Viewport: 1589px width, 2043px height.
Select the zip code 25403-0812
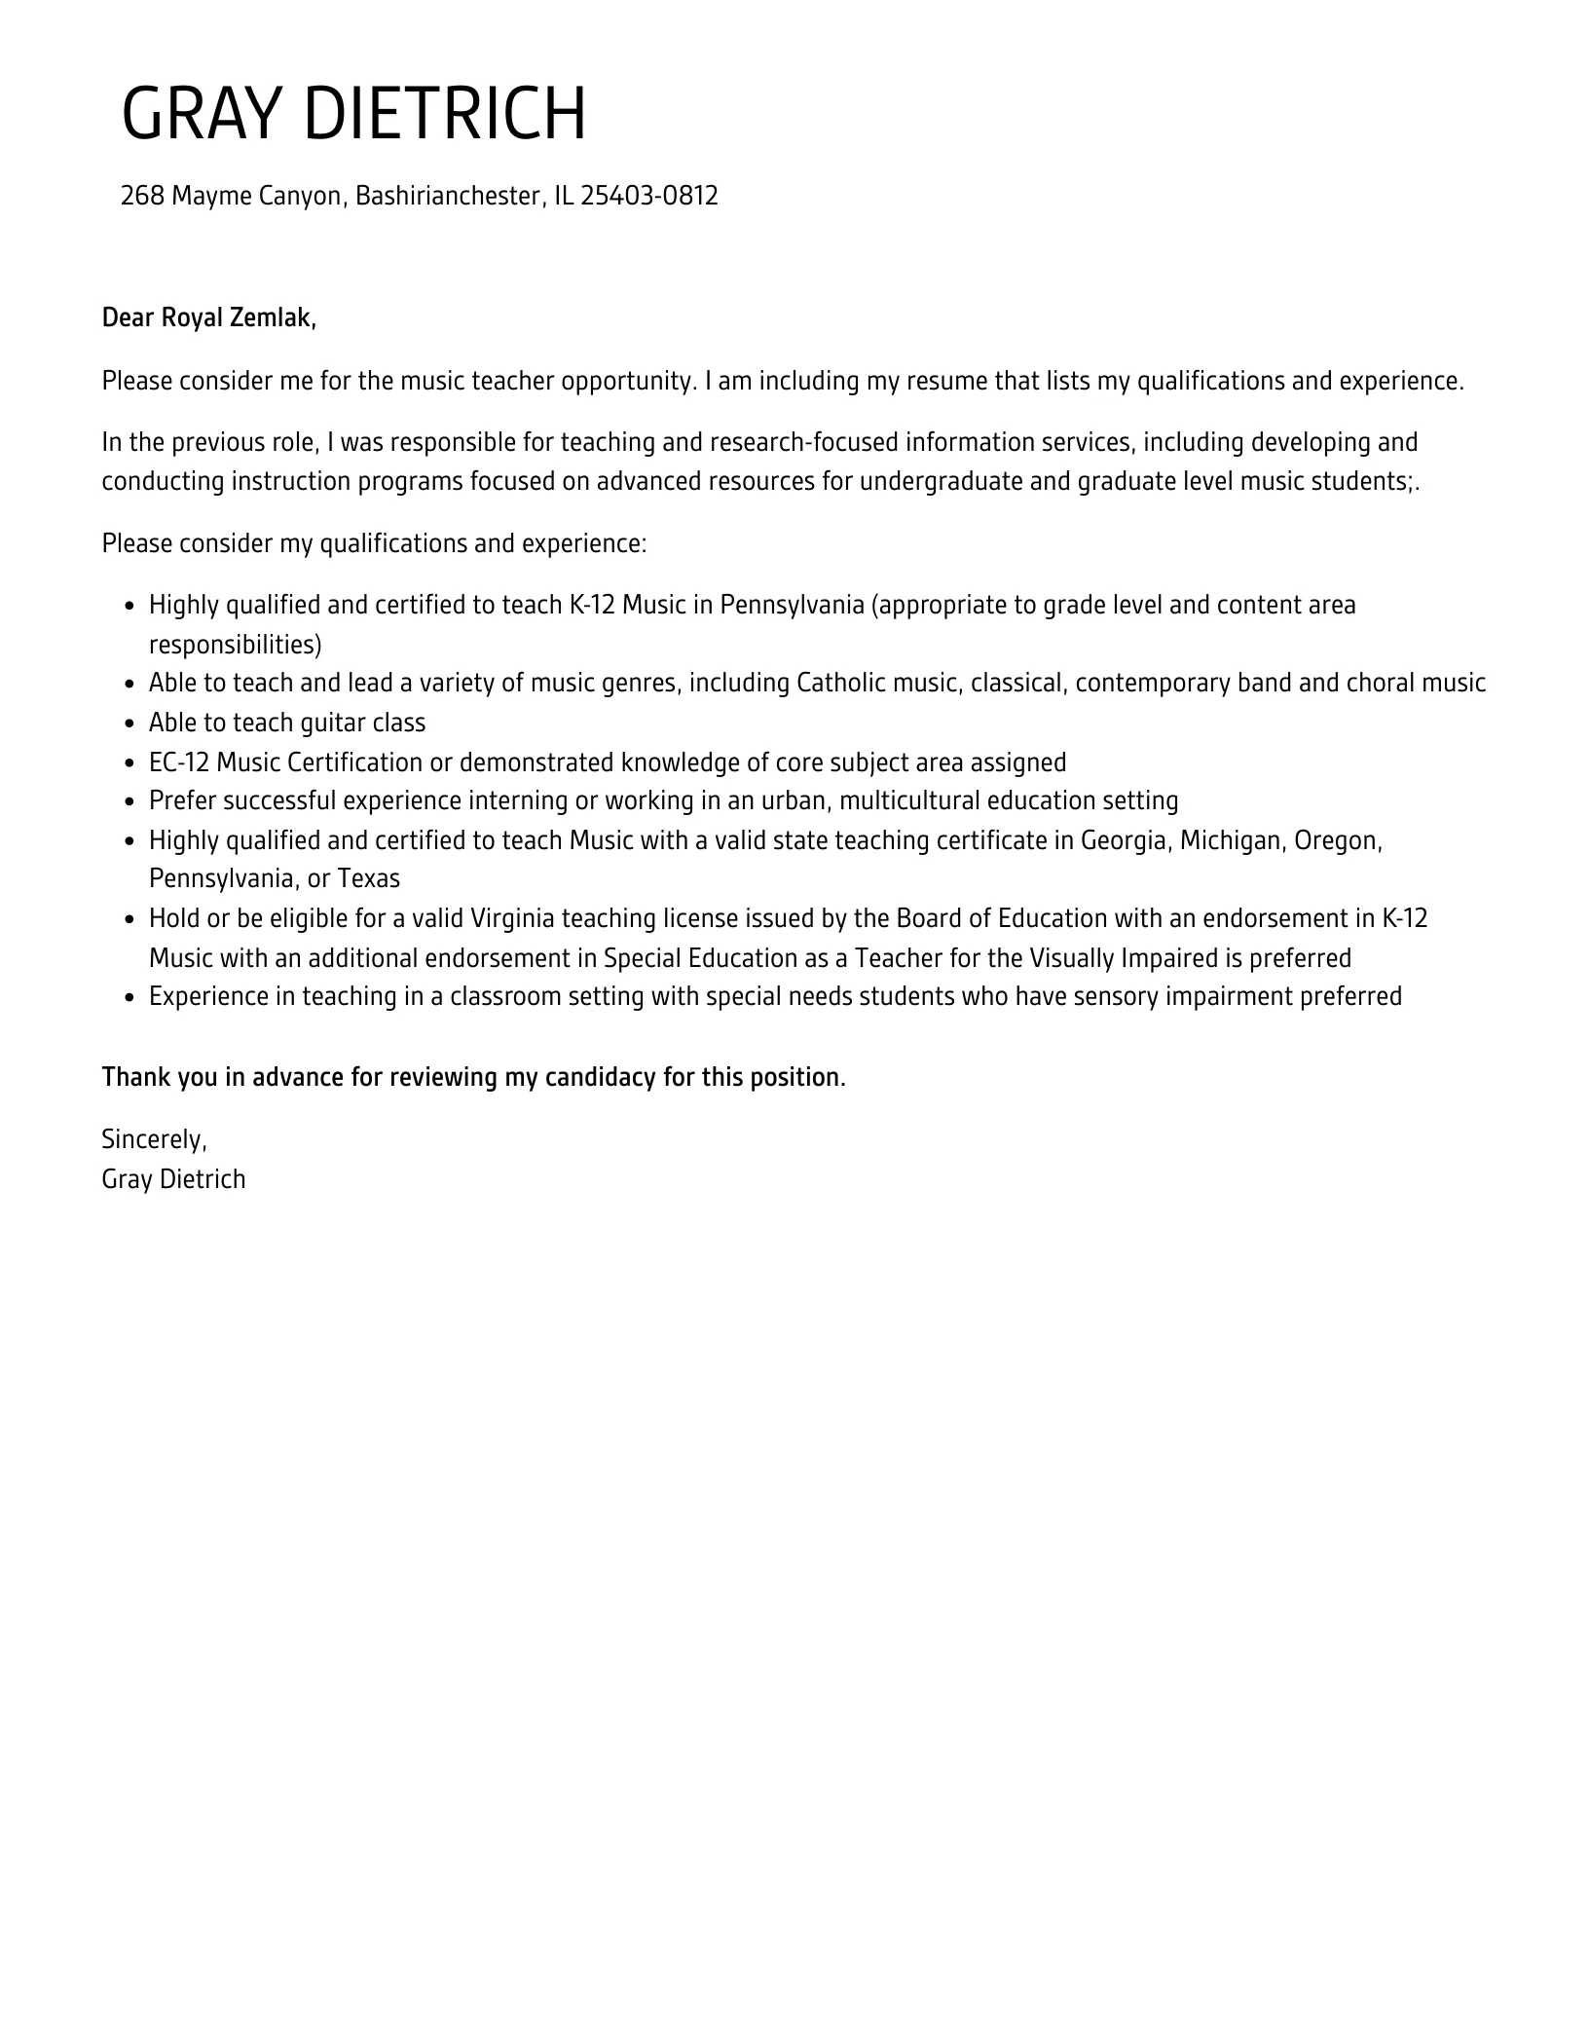coord(649,196)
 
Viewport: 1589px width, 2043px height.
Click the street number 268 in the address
coord(142,196)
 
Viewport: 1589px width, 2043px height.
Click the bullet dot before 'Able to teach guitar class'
coord(130,724)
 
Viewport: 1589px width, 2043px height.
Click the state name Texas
coord(369,878)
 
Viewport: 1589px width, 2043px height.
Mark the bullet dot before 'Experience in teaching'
coord(130,997)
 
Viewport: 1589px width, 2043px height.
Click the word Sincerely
coord(154,1139)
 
